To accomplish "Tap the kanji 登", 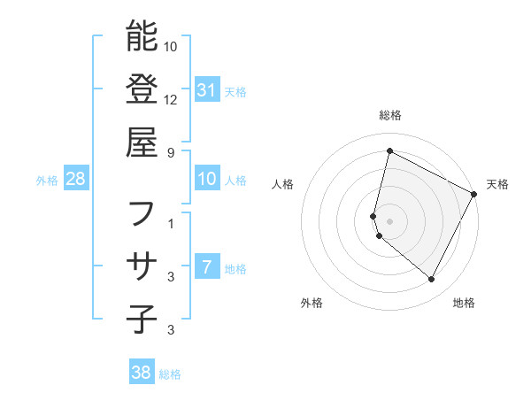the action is pos(142,89).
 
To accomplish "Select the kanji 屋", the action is pos(142,142).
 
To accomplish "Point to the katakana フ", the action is pos(142,213).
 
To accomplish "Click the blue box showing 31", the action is pos(207,89).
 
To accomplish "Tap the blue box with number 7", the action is pos(207,266).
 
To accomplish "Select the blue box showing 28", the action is pos(75,180).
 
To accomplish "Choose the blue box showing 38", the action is pos(142,373).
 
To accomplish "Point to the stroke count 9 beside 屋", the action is pos(171,151).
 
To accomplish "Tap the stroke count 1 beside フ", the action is pos(171,224).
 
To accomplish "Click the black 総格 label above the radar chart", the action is pos(390,115).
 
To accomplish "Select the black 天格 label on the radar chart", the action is pos(497,184).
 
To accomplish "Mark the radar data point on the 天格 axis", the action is pos(474,193).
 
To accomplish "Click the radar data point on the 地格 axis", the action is pos(432,280).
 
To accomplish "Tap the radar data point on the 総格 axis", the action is pos(389,150).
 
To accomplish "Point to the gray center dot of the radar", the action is pos(389,220).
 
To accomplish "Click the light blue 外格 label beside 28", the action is pos(47,181).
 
